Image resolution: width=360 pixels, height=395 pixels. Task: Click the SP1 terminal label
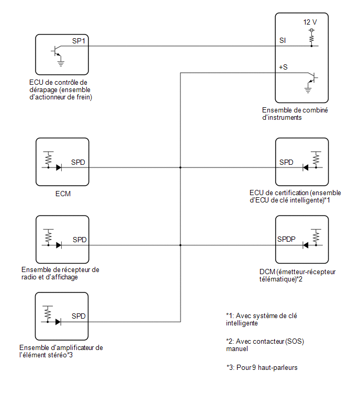click(x=78, y=41)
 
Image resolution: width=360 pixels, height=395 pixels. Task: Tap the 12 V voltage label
click(x=310, y=22)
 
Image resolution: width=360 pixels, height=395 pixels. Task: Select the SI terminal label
click(x=283, y=40)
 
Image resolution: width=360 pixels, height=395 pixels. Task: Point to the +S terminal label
click(x=283, y=67)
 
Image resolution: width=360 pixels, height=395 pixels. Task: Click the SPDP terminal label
click(x=286, y=239)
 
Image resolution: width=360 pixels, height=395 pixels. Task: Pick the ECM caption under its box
click(x=63, y=194)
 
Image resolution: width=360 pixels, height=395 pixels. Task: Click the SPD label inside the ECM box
click(x=78, y=162)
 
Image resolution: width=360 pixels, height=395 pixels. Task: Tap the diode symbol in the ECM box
click(x=59, y=167)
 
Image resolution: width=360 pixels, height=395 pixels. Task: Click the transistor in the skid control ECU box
click(x=58, y=51)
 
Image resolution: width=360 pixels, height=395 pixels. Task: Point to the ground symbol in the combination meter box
click(x=308, y=89)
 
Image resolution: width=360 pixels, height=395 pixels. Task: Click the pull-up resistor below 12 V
click(x=312, y=38)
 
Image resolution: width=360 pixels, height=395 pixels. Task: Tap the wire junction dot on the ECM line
click(x=181, y=167)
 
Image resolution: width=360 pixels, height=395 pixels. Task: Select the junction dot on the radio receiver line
click(x=181, y=245)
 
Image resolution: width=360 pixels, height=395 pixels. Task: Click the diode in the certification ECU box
click(x=306, y=167)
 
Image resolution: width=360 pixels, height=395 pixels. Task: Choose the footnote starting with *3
click(x=262, y=368)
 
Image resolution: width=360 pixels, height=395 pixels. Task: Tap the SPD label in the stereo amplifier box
click(x=78, y=316)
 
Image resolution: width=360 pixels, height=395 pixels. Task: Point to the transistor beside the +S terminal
click(x=312, y=77)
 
